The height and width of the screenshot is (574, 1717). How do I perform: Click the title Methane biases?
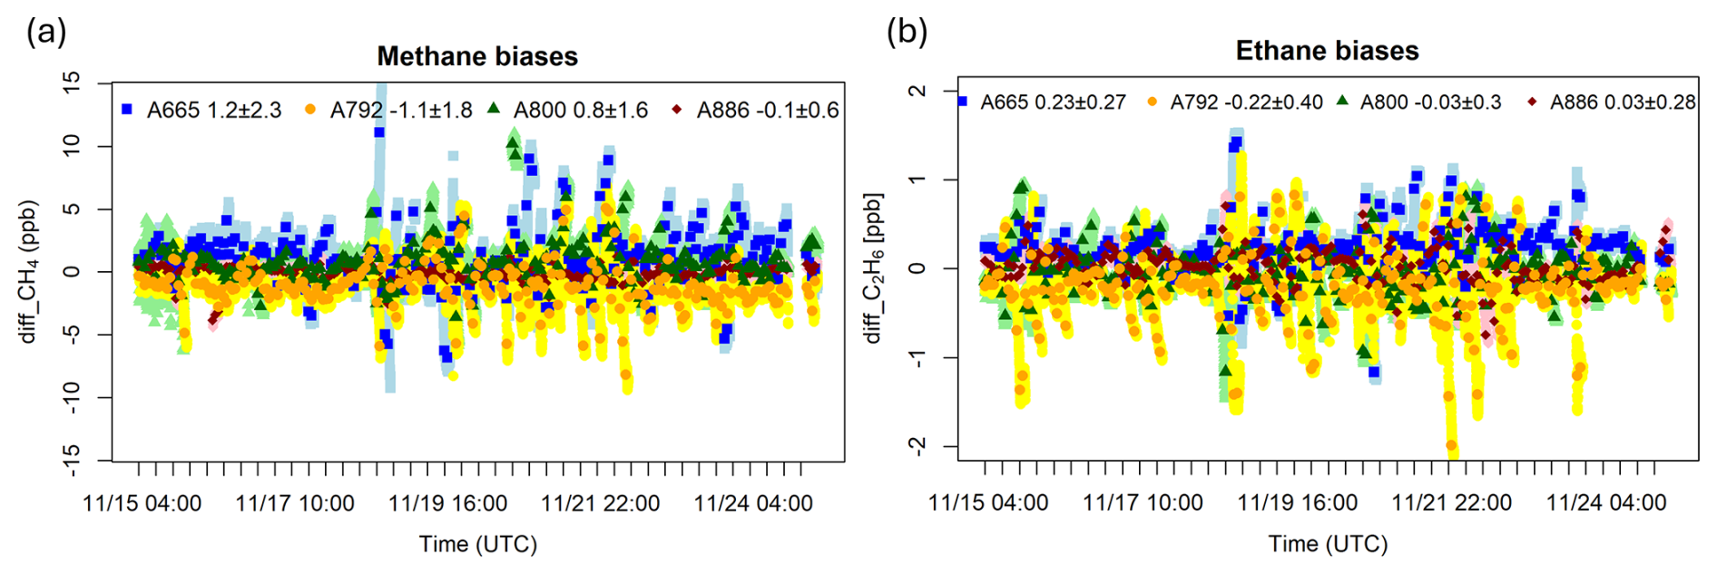pos(477,56)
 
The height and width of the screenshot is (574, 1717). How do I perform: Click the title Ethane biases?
pos(1327,51)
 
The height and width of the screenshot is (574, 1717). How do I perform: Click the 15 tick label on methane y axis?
pos(72,82)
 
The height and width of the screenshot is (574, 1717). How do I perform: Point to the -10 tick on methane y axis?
pos(72,397)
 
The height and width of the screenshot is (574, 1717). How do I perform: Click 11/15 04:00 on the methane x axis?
pos(142,504)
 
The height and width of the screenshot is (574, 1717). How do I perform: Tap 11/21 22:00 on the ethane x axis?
pos(1452,503)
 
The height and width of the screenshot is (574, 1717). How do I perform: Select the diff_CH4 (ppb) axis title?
pos(29,271)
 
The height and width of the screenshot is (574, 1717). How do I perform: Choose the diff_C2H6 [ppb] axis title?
pos(874,268)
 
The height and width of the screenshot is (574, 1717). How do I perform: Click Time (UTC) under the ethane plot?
pos(1328,544)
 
